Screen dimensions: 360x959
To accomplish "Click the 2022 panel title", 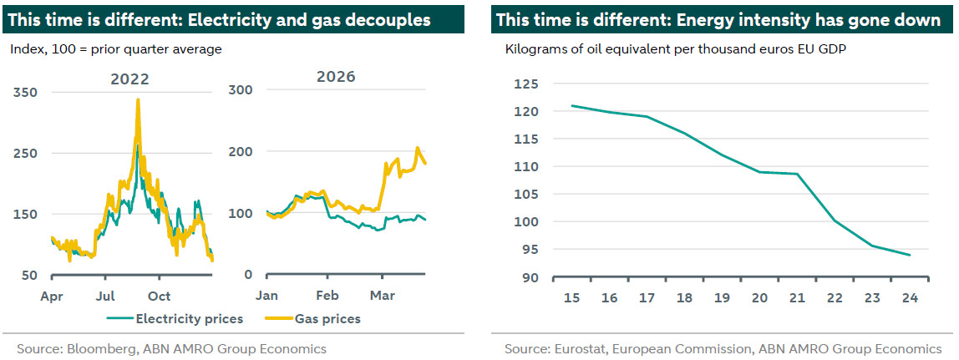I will click(x=129, y=79).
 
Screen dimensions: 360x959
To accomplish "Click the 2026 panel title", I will click(x=337, y=76).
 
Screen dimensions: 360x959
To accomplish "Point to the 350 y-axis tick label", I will click(x=25, y=92).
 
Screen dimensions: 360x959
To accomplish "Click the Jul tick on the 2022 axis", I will click(x=105, y=296).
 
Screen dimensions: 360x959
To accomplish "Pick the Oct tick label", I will click(x=159, y=296).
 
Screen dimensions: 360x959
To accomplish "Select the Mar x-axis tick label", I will click(x=383, y=296).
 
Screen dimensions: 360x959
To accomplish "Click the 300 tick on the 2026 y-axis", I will click(x=241, y=89).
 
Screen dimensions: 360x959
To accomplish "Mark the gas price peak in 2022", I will click(x=138, y=100).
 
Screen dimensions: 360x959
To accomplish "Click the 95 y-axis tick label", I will click(x=531, y=250).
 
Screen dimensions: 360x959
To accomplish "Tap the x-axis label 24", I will click(x=909, y=297).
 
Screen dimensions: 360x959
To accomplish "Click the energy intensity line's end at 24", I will click(x=909, y=255).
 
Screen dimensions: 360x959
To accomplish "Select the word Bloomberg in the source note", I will click(x=98, y=349).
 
